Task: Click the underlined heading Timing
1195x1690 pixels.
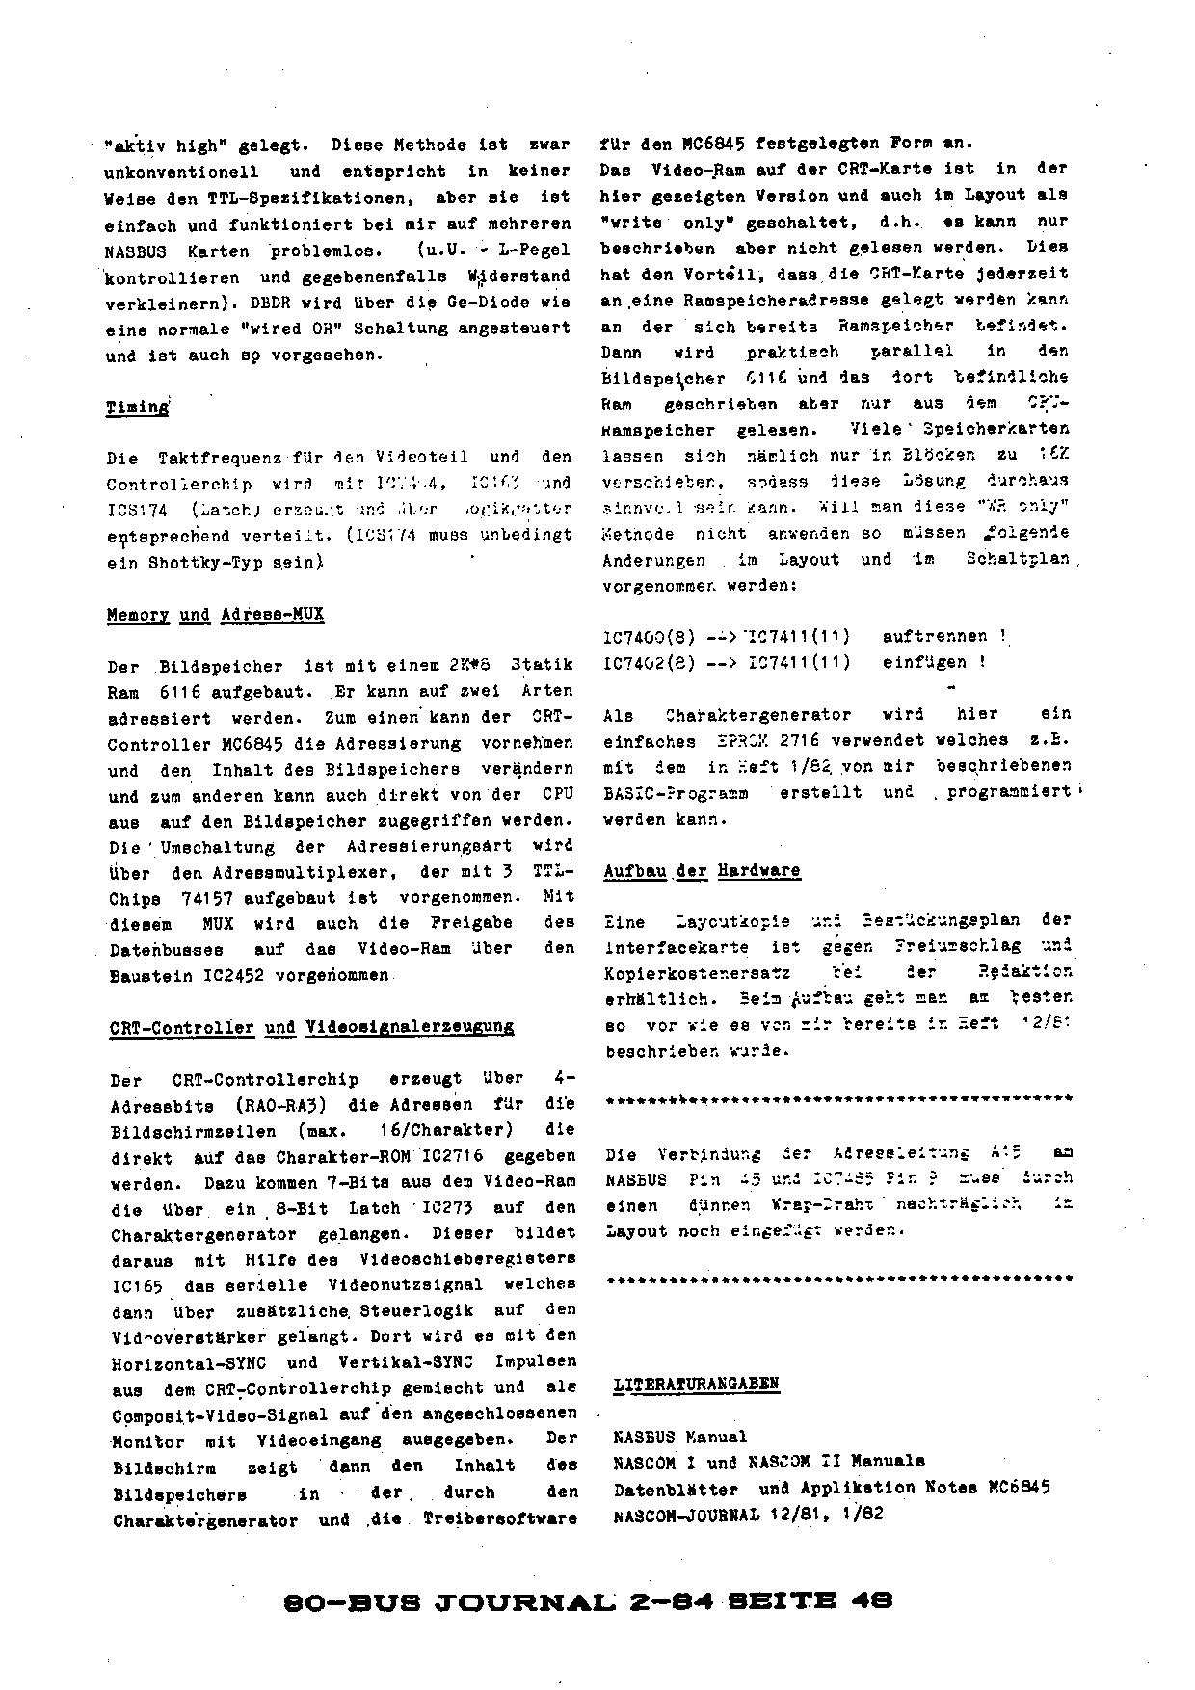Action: tap(137, 407)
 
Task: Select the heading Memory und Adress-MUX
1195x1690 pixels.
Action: tap(215, 615)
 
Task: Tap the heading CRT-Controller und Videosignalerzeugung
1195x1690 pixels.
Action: tap(312, 1027)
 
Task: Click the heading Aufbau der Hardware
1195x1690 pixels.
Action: tap(702, 871)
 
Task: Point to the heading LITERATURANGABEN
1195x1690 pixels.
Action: tap(696, 1385)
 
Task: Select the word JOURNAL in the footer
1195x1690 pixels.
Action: tap(524, 1601)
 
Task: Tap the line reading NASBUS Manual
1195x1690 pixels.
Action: tap(679, 1437)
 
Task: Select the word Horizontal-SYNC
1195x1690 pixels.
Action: tap(189, 1363)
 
